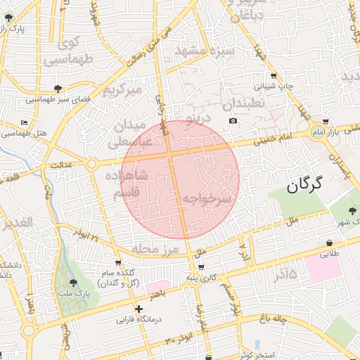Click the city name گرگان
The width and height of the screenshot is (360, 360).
pos(304,186)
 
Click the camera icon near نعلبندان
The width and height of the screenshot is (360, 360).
pos(233,121)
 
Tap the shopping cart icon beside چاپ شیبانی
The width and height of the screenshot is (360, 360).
pos(273,77)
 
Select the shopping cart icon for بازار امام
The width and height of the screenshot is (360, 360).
pos(323,122)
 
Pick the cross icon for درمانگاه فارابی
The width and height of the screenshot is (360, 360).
pos(139,309)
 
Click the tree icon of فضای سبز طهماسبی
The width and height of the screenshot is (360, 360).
pos(58,89)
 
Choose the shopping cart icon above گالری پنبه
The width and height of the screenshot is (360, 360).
pos(202,267)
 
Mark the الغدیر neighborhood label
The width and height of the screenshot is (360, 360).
pos(18,224)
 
